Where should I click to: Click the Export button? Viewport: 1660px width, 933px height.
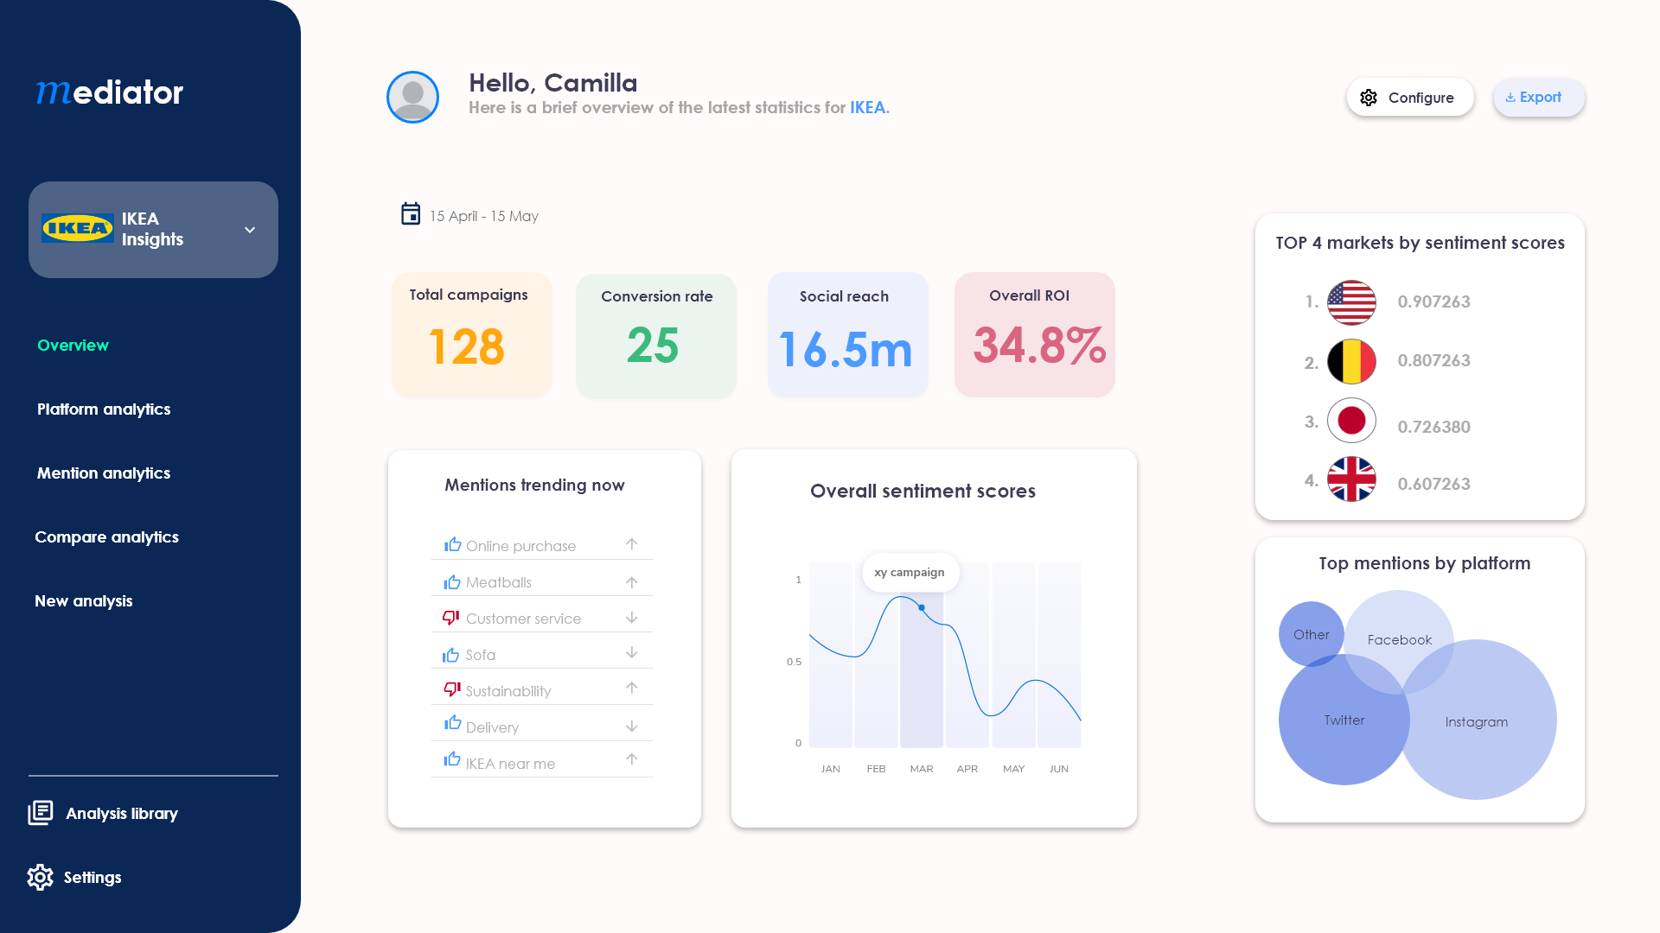1538,98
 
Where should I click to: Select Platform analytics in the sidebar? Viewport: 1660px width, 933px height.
104,409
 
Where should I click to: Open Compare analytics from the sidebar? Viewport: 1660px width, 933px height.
106,537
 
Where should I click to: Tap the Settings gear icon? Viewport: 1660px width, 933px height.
40,877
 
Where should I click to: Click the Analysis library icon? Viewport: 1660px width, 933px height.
41,813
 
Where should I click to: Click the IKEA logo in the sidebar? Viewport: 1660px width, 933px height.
78,229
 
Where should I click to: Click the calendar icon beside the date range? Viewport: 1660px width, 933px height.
411,214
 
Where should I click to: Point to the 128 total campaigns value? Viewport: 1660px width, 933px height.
466,347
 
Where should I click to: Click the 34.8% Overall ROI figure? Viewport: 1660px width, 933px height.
1039,346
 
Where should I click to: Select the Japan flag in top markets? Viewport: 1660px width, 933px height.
1351,421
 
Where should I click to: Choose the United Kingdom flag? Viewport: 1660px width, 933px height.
1351,479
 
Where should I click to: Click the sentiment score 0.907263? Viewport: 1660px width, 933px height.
1433,301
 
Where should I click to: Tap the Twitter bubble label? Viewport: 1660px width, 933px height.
1344,720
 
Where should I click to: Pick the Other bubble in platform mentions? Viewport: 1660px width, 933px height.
1311,634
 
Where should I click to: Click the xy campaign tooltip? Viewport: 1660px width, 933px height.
910,573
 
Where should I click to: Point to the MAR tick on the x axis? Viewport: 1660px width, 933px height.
922,769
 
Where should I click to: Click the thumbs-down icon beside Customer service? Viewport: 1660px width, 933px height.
450,618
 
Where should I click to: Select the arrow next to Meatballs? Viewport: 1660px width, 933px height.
632,582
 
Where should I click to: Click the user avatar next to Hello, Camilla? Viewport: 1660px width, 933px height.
412,97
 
